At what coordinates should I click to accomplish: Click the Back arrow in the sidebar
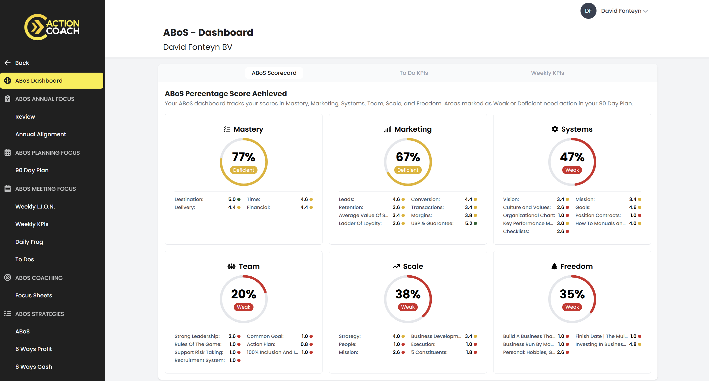(7, 63)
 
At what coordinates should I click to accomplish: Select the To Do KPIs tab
(413, 73)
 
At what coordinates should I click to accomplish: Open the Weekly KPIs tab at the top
(547, 73)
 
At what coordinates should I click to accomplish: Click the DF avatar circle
(588, 11)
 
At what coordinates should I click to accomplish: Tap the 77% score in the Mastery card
(243, 157)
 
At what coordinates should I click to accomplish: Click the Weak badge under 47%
(572, 170)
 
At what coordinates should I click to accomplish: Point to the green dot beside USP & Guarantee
(475, 223)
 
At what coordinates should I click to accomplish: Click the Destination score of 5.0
(232, 199)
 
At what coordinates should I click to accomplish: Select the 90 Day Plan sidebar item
(32, 170)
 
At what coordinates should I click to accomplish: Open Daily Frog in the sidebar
(29, 242)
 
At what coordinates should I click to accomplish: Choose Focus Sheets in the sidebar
(33, 295)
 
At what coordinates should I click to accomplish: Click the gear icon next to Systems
(554, 129)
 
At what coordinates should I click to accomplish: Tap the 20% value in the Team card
(243, 294)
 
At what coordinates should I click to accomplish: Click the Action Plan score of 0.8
(304, 344)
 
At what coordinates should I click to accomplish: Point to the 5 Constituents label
(429, 352)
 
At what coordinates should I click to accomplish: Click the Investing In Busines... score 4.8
(632, 344)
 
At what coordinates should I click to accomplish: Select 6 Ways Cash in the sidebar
(33, 367)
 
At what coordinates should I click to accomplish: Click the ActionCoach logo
(52, 27)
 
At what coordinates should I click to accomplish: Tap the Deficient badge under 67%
(407, 170)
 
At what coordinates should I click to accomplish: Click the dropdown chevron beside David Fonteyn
(645, 11)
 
